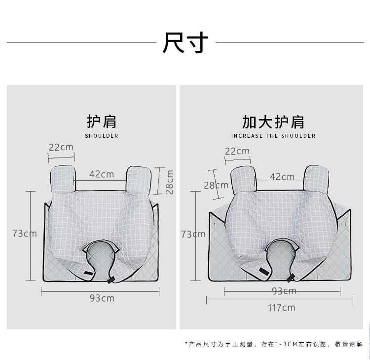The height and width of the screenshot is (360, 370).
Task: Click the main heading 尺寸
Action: (185, 43)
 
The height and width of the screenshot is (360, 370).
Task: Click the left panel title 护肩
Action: (102, 121)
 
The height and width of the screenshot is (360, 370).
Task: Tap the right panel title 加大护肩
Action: (273, 121)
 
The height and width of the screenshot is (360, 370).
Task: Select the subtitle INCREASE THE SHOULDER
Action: (273, 136)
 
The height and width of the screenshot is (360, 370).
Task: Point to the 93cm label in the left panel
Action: (102, 298)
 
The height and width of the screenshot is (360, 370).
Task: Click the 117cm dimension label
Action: (281, 308)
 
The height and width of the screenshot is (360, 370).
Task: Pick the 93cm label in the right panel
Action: (284, 291)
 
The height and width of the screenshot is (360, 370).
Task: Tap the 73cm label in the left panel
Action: (25, 233)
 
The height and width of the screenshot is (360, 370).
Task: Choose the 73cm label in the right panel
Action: (193, 234)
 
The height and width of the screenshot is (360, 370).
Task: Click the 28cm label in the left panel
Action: (169, 182)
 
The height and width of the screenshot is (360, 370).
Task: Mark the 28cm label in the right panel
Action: (216, 186)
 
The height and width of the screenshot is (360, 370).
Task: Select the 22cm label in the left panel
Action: (61, 147)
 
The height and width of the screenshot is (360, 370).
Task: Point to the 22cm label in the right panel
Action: (237, 151)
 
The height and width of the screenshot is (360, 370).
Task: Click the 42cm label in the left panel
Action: (102, 174)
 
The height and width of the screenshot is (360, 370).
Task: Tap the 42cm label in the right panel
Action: (282, 176)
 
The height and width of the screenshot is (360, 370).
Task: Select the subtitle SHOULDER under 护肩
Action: (102, 136)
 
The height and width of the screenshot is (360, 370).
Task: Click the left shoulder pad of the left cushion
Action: (63, 178)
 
